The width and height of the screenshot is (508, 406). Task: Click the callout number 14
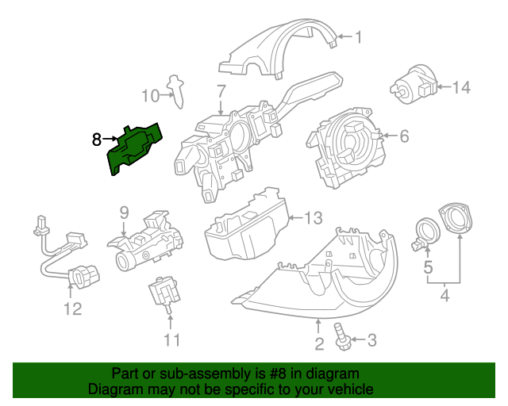[461, 87]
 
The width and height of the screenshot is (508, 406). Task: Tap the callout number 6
[403, 136]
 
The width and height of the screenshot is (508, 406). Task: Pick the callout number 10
[151, 96]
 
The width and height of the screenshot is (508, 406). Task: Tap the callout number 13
[314, 217]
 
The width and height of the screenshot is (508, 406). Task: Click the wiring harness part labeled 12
[67, 254]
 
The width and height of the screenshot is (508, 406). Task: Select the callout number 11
[172, 340]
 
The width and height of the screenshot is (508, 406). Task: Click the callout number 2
[318, 343]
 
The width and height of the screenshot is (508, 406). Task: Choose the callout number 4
[444, 297]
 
